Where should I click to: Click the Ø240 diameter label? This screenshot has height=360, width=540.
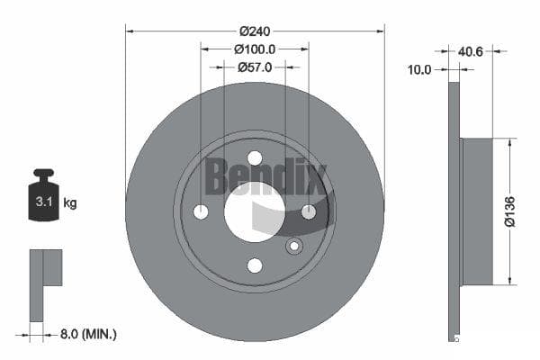(x=255, y=31)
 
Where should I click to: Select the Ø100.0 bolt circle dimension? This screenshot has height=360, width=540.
(x=255, y=49)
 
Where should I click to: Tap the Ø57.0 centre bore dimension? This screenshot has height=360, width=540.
(x=255, y=67)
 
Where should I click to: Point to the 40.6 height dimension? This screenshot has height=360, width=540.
(x=471, y=51)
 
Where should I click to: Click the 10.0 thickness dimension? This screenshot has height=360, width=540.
(x=419, y=70)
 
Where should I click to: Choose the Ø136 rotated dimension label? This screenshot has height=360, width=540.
(x=509, y=211)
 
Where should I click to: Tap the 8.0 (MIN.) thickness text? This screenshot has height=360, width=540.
(x=88, y=334)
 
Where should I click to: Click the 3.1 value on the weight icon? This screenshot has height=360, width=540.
(x=44, y=202)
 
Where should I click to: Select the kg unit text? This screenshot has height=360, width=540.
(x=70, y=202)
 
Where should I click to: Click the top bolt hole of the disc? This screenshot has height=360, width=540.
(x=255, y=158)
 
